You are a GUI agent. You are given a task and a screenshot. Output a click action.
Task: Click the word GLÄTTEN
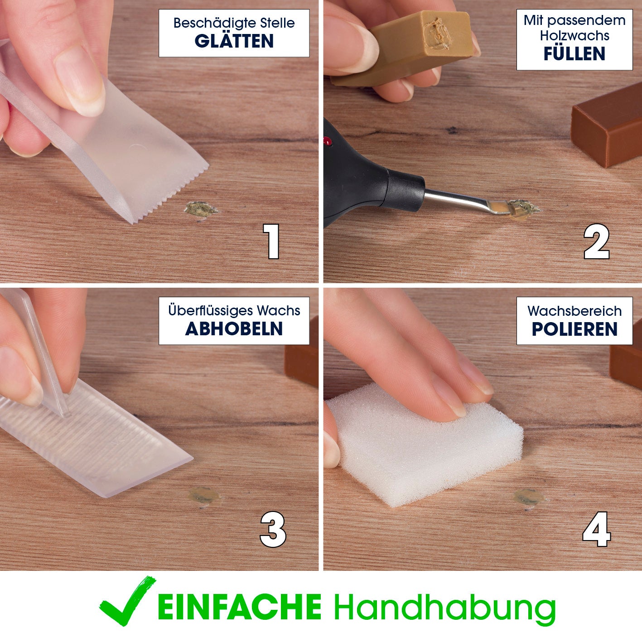pos(234,41)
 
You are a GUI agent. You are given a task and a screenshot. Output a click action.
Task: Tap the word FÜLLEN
pos(574,53)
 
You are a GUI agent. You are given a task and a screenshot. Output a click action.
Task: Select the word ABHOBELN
pos(234,328)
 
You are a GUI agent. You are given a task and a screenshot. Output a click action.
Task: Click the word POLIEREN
pos(574,329)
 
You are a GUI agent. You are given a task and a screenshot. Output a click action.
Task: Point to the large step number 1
pos(271,241)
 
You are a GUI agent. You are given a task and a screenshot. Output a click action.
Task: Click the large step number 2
pos(596,241)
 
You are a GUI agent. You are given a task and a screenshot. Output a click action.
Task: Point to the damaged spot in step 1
pos(201,209)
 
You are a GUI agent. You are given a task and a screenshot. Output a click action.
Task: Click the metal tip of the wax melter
pos(466,202)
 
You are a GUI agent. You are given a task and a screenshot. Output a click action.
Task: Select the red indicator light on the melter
pos(328,141)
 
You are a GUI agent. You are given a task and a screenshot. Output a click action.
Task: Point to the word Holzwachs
pos(574,36)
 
